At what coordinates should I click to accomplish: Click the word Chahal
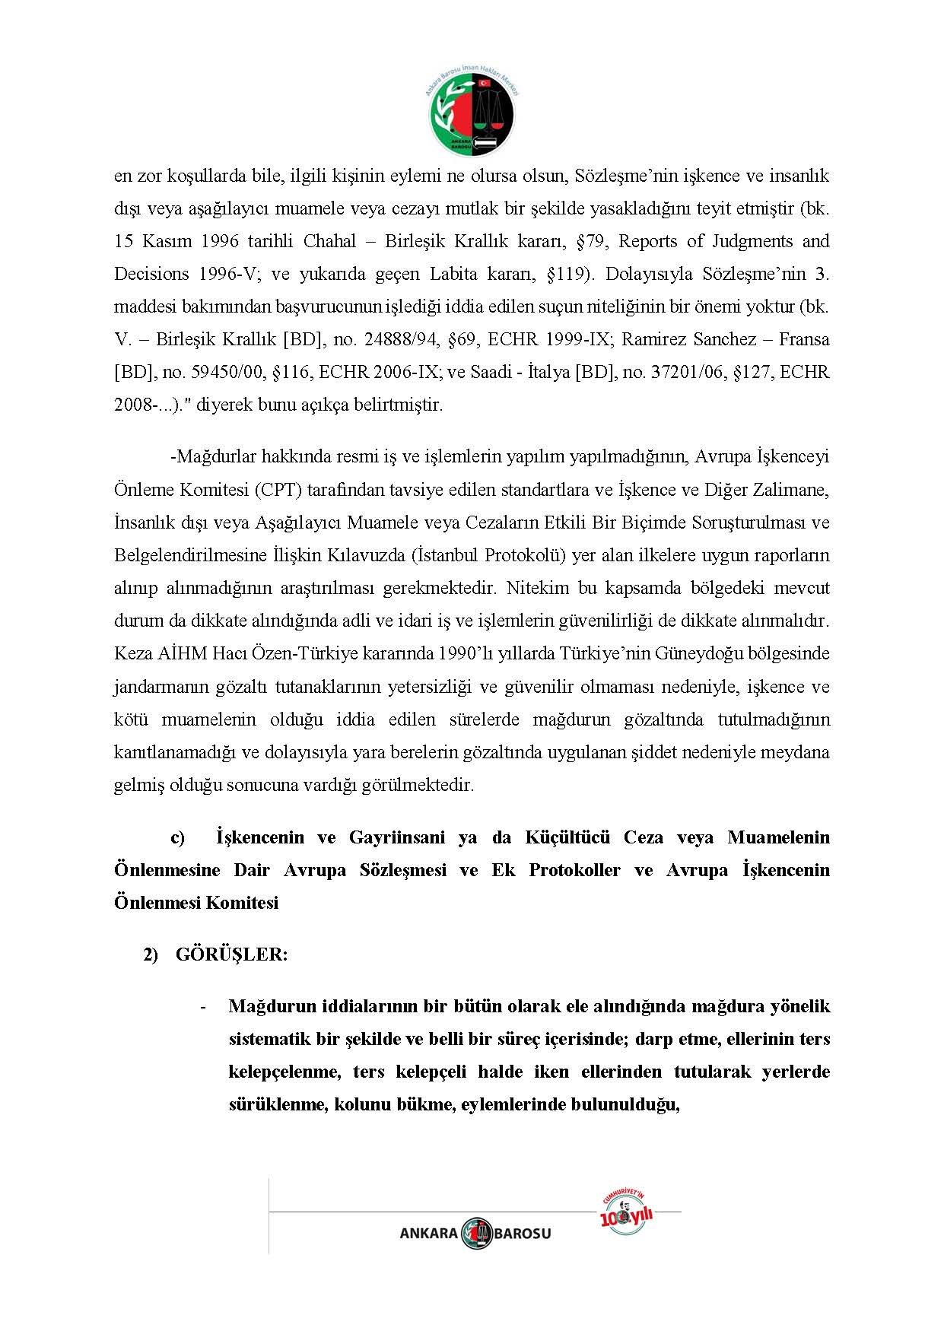329,242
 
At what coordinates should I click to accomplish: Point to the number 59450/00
224,373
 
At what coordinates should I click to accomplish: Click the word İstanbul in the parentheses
447,555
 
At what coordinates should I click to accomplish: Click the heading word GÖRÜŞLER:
231,955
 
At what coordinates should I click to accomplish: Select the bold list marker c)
177,838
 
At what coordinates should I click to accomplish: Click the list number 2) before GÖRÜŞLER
151,955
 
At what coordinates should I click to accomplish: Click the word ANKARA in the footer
428,1234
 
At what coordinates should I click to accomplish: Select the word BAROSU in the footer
523,1234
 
